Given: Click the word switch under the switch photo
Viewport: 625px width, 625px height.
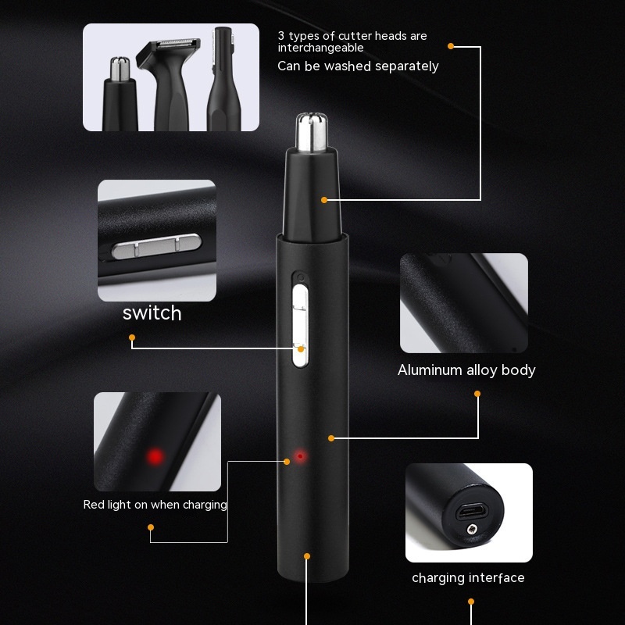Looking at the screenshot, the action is [x=152, y=313].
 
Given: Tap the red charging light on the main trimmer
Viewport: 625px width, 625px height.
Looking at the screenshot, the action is [x=300, y=456].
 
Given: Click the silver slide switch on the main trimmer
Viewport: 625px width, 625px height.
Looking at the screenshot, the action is [x=300, y=326].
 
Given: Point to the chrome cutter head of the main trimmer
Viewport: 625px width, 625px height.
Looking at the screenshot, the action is [x=311, y=133].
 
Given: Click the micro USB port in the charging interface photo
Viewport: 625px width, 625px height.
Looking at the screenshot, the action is [x=472, y=510].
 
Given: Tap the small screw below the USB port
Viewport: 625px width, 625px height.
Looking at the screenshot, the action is [x=472, y=529].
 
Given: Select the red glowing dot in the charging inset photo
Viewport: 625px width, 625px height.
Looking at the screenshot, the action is [x=155, y=456].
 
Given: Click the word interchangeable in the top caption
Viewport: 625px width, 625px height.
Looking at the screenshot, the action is [x=320, y=48].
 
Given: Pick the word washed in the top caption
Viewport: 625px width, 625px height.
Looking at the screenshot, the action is [x=348, y=66].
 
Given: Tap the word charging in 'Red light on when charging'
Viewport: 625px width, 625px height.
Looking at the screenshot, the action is [x=205, y=505].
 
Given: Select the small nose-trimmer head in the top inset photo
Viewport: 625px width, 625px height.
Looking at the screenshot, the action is [x=120, y=95].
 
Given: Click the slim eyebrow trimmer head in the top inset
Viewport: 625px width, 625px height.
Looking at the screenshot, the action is [x=223, y=80].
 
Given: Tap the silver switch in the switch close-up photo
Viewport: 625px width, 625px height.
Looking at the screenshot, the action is [x=157, y=246].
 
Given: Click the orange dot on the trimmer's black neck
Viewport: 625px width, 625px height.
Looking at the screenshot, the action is [x=324, y=200].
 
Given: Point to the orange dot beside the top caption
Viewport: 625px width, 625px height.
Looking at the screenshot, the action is [x=451, y=46].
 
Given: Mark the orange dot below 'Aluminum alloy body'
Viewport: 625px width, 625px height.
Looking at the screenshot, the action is [x=477, y=394].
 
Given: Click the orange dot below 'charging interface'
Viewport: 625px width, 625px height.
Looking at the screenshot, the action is [x=471, y=602].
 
